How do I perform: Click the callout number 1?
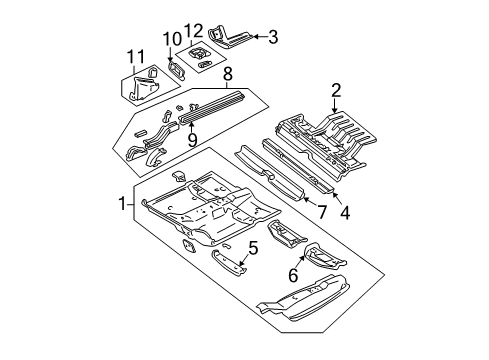pyautogui.click(x=123, y=204)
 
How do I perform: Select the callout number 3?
pyautogui.click(x=273, y=38)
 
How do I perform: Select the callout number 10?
pyautogui.click(x=171, y=38)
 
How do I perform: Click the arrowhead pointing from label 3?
pyautogui.click(x=255, y=38)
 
